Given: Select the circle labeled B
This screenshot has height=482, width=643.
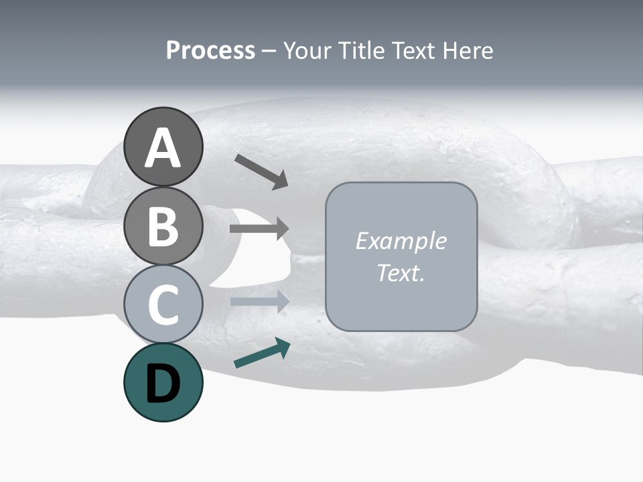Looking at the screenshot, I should coord(163,226).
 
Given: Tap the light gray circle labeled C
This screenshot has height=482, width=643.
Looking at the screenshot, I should coord(163,305).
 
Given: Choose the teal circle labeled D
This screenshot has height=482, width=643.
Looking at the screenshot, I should coord(163,382).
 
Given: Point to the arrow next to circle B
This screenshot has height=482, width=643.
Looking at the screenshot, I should coord(259,229).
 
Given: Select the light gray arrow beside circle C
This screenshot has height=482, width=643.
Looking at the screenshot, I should coord(259,301).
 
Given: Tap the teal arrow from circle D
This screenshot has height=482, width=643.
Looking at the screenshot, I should coord(262,353).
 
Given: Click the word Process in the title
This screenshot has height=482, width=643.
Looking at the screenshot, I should coord(210,51).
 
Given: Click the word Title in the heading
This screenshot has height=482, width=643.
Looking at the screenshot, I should coord(361,51).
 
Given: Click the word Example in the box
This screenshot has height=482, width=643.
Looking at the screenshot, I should coord(401,241).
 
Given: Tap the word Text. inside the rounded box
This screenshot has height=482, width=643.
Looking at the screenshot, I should coord(401,273).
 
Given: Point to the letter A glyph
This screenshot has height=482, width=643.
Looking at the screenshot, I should coord(163,148).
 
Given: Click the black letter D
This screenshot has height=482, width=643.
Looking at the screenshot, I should coord(163,385).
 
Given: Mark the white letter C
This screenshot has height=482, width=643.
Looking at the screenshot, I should coord(163,305).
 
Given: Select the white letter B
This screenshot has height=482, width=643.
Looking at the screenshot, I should coord(163,226).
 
